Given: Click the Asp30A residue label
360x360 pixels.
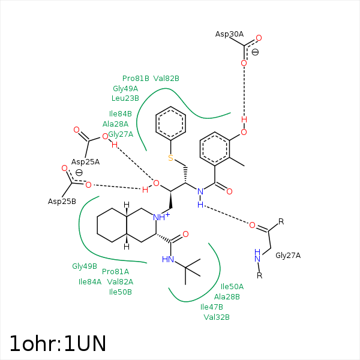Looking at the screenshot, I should [x=229, y=34].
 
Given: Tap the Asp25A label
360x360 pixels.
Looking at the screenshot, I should [x=85, y=162].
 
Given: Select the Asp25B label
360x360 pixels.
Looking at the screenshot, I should [x=62, y=201].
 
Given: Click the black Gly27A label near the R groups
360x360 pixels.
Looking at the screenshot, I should [x=288, y=256].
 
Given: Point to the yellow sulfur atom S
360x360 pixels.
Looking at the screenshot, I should [x=170, y=158].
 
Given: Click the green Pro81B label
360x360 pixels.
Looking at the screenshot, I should [x=136, y=79].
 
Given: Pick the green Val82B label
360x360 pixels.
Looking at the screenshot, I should [x=166, y=79].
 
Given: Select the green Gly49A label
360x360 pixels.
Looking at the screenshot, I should [x=125, y=88].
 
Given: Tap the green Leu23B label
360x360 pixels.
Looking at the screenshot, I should [x=125, y=98].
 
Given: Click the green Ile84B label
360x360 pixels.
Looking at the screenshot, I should [x=121, y=114].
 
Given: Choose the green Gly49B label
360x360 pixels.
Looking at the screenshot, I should [x=85, y=266].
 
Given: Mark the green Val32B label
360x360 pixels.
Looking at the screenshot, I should [x=217, y=317].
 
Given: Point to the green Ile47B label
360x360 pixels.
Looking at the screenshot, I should [x=212, y=307].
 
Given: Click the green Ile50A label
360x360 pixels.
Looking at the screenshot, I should [x=232, y=287].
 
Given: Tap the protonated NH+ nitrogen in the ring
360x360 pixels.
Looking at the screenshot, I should [x=160, y=217].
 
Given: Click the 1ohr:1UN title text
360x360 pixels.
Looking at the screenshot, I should [x=58, y=343].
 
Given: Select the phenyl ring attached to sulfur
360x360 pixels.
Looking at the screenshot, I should [x=170, y=124].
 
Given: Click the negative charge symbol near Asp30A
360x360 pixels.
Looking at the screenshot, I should [x=255, y=53].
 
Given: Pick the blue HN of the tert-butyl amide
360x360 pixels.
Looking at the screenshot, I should [x=168, y=259].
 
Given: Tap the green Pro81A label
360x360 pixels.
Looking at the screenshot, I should [x=115, y=272].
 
